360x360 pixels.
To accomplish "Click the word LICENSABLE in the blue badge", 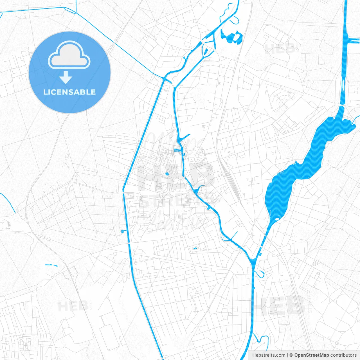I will coord(69,92).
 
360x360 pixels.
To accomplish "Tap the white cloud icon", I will coord(69,56).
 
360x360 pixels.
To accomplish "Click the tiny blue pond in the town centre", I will coord(167,174).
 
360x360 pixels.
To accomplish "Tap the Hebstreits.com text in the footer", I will coord(269,355).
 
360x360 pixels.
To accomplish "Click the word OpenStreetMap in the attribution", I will coord(311,355).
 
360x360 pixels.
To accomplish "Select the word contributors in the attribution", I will coord(343,355).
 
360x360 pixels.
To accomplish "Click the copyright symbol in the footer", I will coord(291,355).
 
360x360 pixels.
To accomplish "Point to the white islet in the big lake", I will coord(277,219).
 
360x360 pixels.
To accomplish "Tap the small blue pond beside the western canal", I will coord(123,231).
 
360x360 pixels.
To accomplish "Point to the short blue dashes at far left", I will coord(51,265).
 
